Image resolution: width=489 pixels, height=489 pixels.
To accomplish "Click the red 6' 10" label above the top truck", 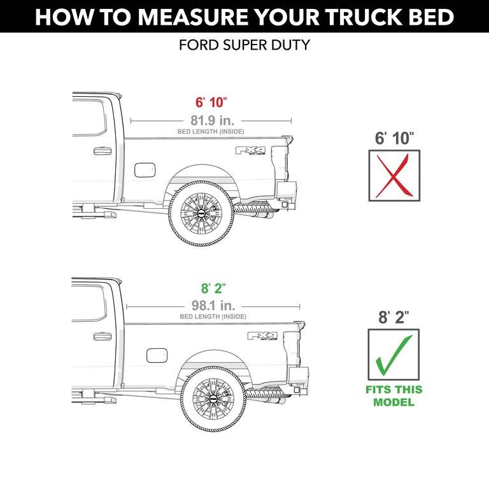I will click(x=211, y=103).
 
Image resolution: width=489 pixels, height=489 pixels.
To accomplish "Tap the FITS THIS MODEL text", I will click(x=393, y=395).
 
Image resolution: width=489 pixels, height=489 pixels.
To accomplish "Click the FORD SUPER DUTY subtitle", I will click(x=244, y=46).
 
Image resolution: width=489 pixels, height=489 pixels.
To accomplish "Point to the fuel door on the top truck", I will click(x=145, y=170).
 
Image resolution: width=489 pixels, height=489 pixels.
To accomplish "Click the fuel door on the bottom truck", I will click(x=156, y=355).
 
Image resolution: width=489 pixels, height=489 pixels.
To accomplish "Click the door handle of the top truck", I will click(x=102, y=152).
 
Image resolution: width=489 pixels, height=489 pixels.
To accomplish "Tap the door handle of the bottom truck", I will click(x=102, y=337).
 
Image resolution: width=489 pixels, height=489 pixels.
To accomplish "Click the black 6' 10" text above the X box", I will click(x=394, y=138).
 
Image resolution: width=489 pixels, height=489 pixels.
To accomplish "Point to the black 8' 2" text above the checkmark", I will click(x=394, y=316).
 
